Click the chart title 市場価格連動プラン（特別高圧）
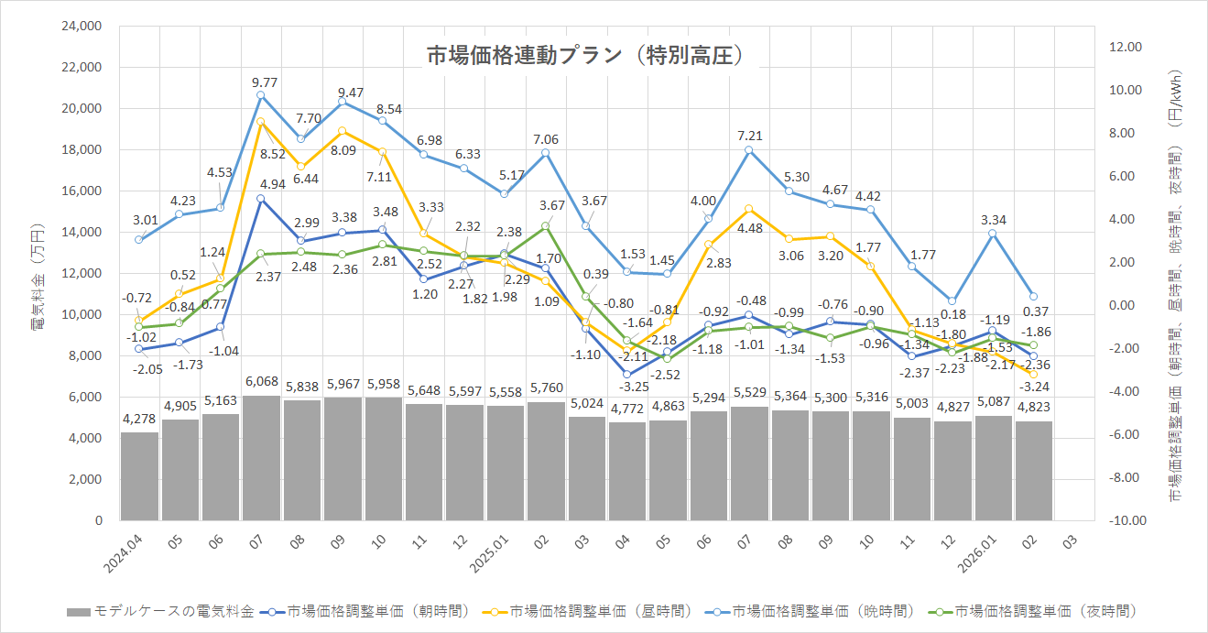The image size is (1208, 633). click(585, 56)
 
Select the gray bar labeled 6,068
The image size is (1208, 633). click(261, 458)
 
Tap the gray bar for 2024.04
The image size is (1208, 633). click(139, 476)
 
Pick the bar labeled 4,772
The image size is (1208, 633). click(626, 471)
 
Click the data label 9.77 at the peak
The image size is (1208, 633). click(261, 82)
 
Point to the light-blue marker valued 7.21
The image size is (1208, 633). click(748, 150)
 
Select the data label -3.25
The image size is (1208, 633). click(626, 387)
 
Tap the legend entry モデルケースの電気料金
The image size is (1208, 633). click(160, 611)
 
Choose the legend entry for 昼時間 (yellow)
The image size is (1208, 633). click(586, 611)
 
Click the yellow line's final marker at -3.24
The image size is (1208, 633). click(1033, 375)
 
